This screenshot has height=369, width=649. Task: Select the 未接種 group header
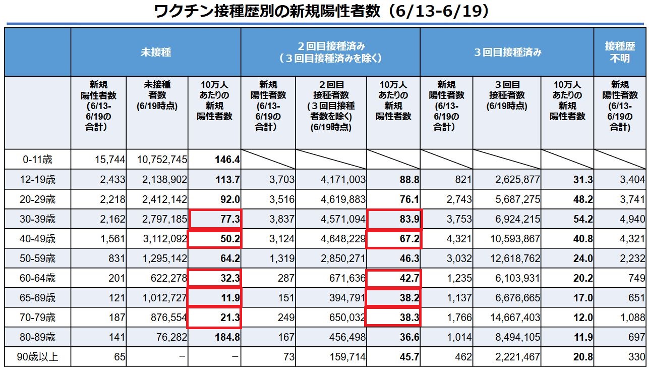click(155, 52)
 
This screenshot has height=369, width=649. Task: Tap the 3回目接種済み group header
click(507, 52)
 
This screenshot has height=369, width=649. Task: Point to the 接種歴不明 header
click(620, 52)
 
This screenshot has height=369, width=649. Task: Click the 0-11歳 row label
click(38, 160)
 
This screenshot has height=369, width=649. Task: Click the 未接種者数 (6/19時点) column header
click(157, 95)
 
